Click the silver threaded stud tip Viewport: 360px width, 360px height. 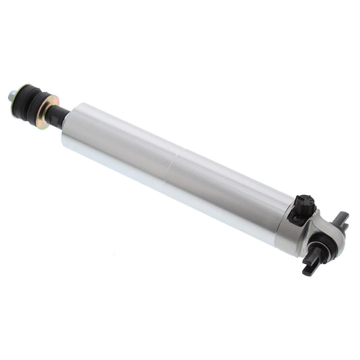coord(12,95)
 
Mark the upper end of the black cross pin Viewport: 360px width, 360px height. coord(343,217)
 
